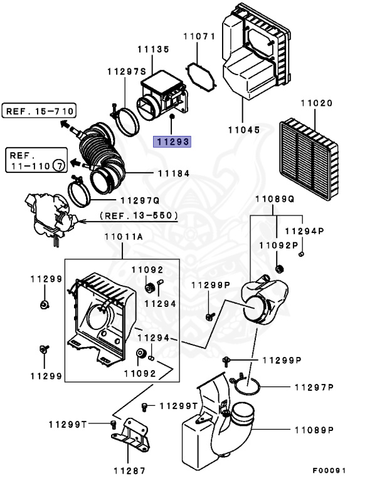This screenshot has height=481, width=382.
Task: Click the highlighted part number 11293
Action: (172, 142)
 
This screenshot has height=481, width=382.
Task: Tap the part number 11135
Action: (153, 49)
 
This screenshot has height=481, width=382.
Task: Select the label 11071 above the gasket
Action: (199, 36)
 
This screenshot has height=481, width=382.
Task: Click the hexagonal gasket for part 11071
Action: (201, 77)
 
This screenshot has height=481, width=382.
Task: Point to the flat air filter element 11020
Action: (309, 159)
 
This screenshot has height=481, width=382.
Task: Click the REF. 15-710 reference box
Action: (39, 111)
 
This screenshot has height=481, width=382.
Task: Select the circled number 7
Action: (59, 165)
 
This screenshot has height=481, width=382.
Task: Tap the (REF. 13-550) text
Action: (139, 215)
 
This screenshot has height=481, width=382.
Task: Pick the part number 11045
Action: (244, 130)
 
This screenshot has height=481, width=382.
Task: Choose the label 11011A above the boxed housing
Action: (124, 237)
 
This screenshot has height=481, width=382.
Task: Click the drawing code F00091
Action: (329, 470)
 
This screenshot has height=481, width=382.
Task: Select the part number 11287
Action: (129, 471)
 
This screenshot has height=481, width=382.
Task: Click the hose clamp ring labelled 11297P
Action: (247, 385)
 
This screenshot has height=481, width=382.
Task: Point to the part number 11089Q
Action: (275, 199)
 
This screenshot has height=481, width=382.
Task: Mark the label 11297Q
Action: (140, 200)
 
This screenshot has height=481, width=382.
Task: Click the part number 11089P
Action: (314, 430)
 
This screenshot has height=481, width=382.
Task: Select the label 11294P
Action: (305, 231)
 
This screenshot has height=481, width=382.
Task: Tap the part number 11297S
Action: (127, 72)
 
